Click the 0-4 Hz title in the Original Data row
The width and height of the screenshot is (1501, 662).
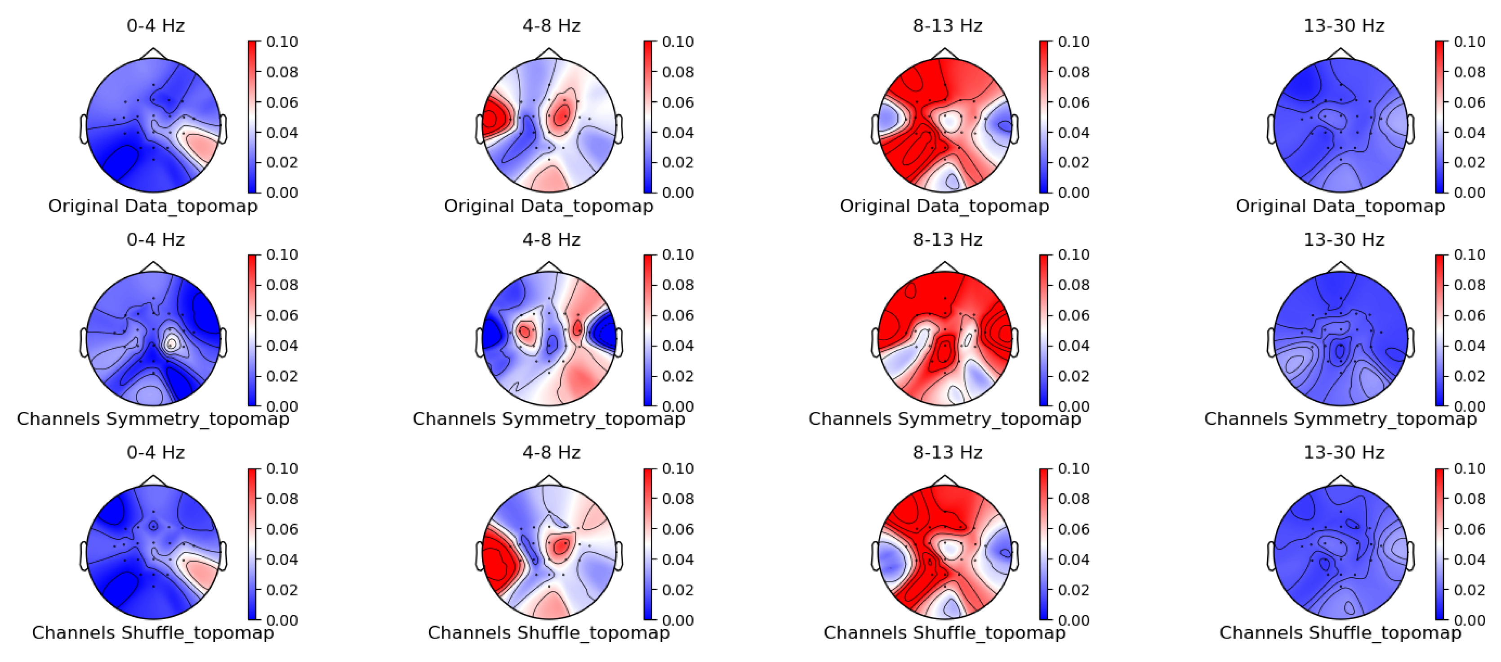tap(156, 26)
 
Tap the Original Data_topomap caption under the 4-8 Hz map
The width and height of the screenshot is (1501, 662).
tap(548, 206)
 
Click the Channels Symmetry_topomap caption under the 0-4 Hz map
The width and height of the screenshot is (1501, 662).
tap(153, 419)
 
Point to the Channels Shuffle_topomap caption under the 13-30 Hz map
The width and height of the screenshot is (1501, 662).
tap(1340, 632)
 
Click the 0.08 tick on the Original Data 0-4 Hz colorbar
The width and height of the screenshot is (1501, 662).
tap(282, 72)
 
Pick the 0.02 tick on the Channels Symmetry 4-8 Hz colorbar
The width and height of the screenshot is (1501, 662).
tap(677, 376)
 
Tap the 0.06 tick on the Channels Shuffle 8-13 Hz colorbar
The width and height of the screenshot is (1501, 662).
tap(1073, 529)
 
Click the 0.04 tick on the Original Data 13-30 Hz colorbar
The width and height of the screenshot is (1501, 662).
tap(1469, 133)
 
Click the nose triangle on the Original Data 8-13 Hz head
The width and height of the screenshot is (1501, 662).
tap(945, 54)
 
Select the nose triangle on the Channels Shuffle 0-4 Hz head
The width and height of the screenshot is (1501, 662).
tap(153, 481)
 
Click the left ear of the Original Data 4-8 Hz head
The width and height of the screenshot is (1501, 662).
tap(480, 129)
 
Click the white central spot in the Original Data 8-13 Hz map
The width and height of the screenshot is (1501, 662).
tap(951, 122)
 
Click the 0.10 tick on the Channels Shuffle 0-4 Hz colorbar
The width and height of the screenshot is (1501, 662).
tap(282, 468)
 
